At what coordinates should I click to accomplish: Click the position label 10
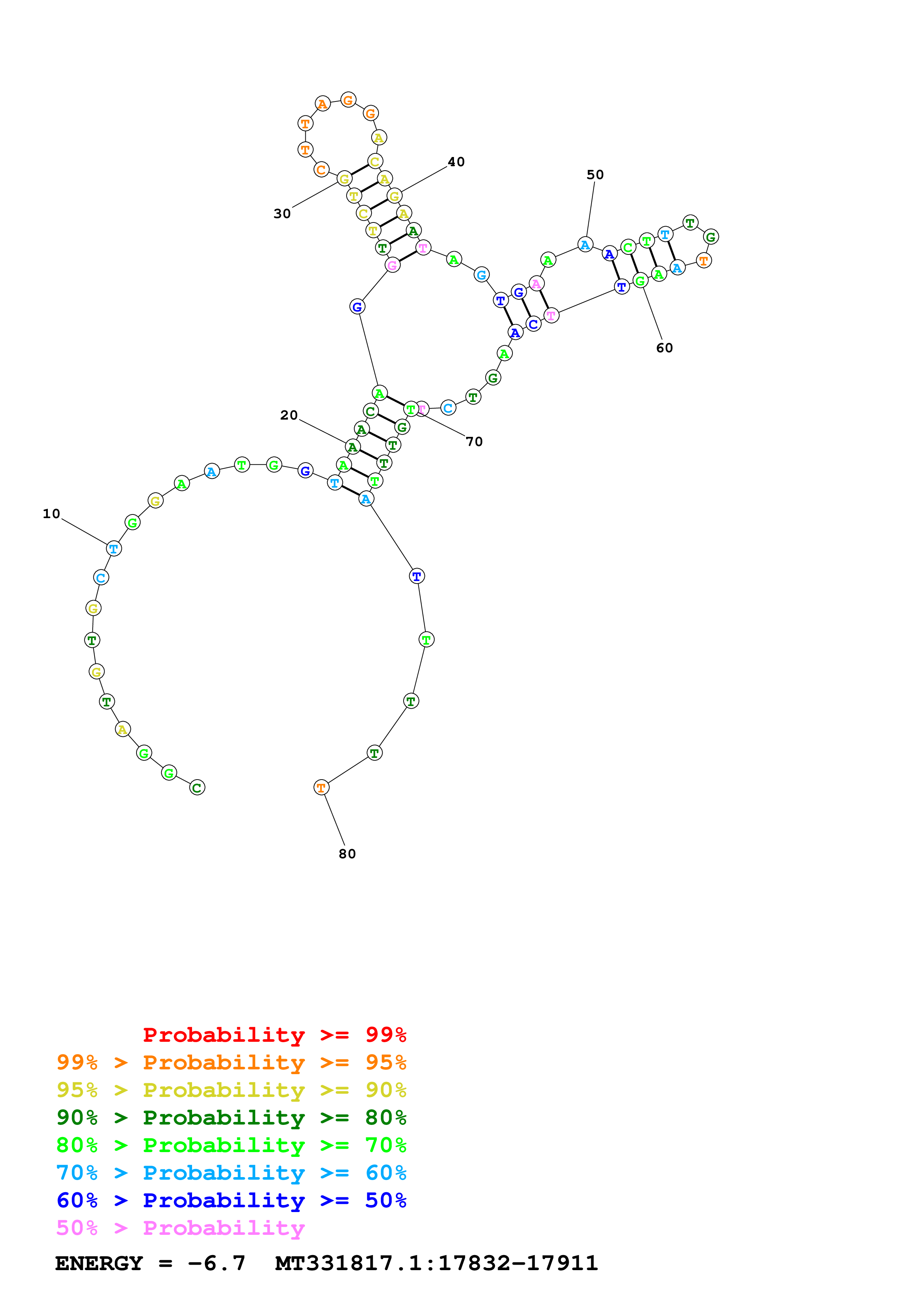(x=51, y=513)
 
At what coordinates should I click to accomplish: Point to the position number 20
(x=289, y=415)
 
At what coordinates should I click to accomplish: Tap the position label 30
(x=282, y=214)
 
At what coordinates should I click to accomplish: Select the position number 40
(x=456, y=162)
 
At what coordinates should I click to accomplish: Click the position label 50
(x=595, y=175)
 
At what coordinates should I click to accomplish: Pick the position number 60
(x=664, y=348)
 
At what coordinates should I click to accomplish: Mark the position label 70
(x=474, y=442)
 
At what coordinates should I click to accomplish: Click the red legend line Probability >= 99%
(x=274, y=1034)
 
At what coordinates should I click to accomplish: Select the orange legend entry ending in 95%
(x=231, y=1062)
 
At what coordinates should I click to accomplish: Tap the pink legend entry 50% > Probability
(x=180, y=1227)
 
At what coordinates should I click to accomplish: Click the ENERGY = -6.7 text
(x=150, y=1263)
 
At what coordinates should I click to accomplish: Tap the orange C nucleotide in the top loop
(x=321, y=170)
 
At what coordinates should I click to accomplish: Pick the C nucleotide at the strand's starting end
(x=197, y=788)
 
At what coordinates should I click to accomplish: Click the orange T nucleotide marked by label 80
(x=321, y=788)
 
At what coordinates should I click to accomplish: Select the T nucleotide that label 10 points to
(x=114, y=548)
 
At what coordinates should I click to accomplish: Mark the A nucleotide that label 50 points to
(x=585, y=245)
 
